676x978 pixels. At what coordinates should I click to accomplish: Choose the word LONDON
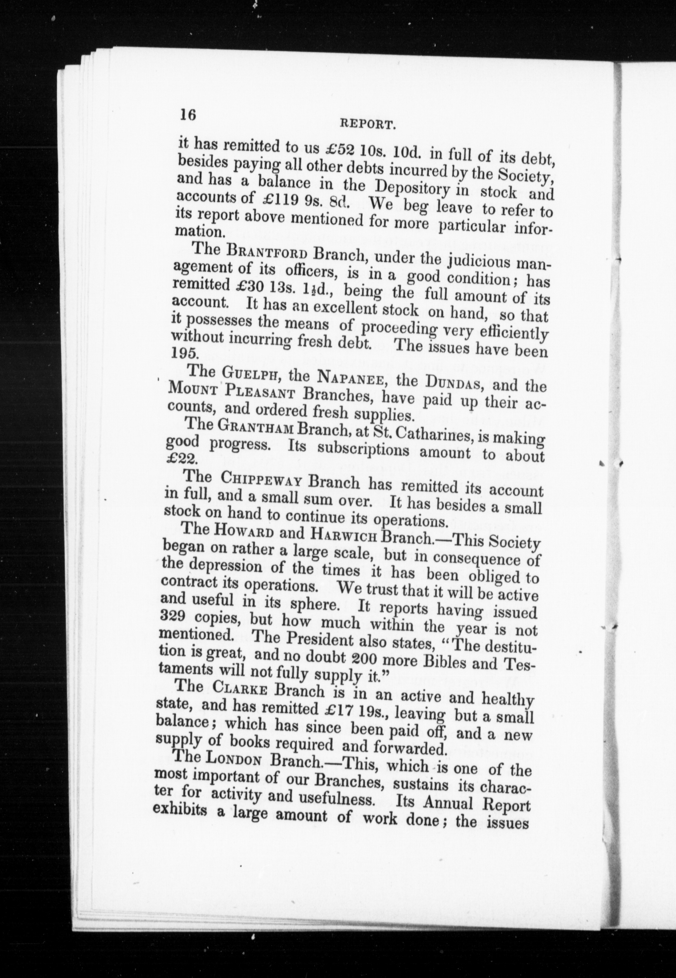pos(233,759)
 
